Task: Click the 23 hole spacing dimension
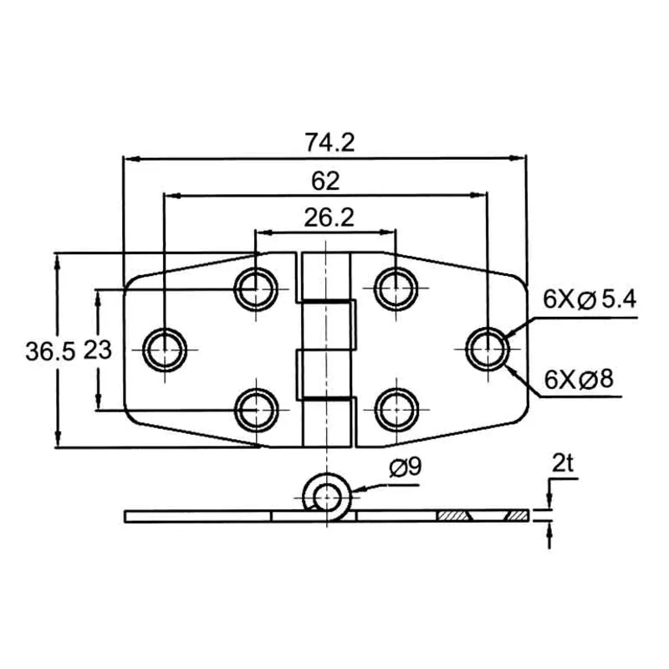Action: tap(99, 350)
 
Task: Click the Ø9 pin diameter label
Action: tap(403, 468)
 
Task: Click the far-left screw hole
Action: tap(165, 348)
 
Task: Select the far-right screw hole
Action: tap(486, 348)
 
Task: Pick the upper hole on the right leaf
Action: tap(395, 289)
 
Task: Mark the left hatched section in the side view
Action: tap(454, 516)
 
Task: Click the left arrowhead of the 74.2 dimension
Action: tap(130, 156)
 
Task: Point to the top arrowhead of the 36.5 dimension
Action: tap(57, 259)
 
